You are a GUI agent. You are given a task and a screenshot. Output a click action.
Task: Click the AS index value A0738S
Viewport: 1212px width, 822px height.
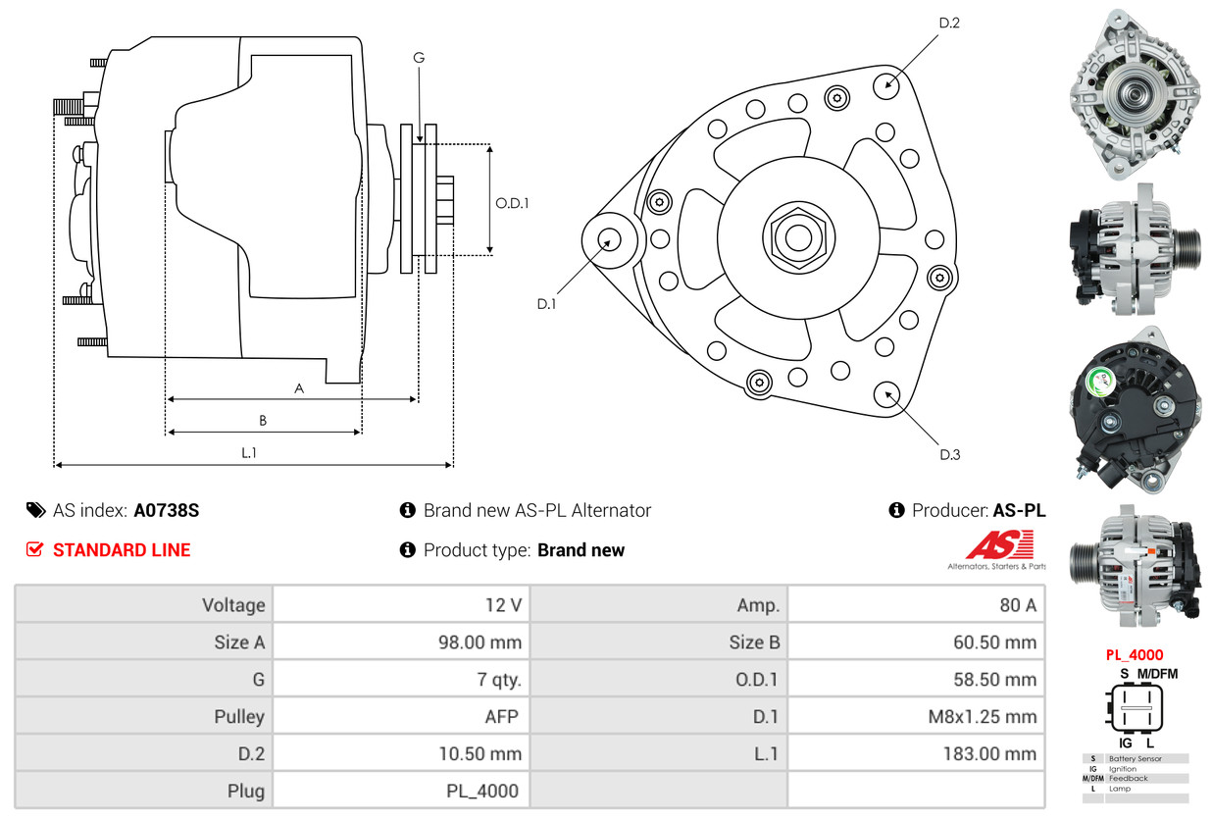pyautogui.click(x=167, y=510)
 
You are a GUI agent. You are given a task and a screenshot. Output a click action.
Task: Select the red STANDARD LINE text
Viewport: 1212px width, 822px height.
pyautogui.click(x=122, y=550)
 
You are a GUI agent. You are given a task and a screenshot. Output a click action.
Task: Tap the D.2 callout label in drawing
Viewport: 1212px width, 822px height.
pyautogui.click(x=949, y=23)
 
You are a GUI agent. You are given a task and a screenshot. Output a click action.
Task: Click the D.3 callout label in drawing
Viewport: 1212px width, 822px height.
pyautogui.click(x=949, y=454)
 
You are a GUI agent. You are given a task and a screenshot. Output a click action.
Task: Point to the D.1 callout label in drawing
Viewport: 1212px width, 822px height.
pyautogui.click(x=546, y=304)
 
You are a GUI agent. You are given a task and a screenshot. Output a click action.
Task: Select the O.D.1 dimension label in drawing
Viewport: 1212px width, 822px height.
pyautogui.click(x=512, y=204)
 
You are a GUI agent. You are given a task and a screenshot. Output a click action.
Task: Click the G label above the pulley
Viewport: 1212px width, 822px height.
pyautogui.click(x=419, y=58)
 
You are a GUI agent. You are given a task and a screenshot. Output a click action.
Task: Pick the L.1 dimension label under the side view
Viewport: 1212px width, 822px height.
pyautogui.click(x=249, y=452)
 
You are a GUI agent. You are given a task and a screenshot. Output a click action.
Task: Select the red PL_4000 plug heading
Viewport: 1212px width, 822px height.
pyautogui.click(x=1135, y=655)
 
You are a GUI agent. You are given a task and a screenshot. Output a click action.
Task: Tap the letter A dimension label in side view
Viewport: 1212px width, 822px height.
pyautogui.click(x=299, y=388)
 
